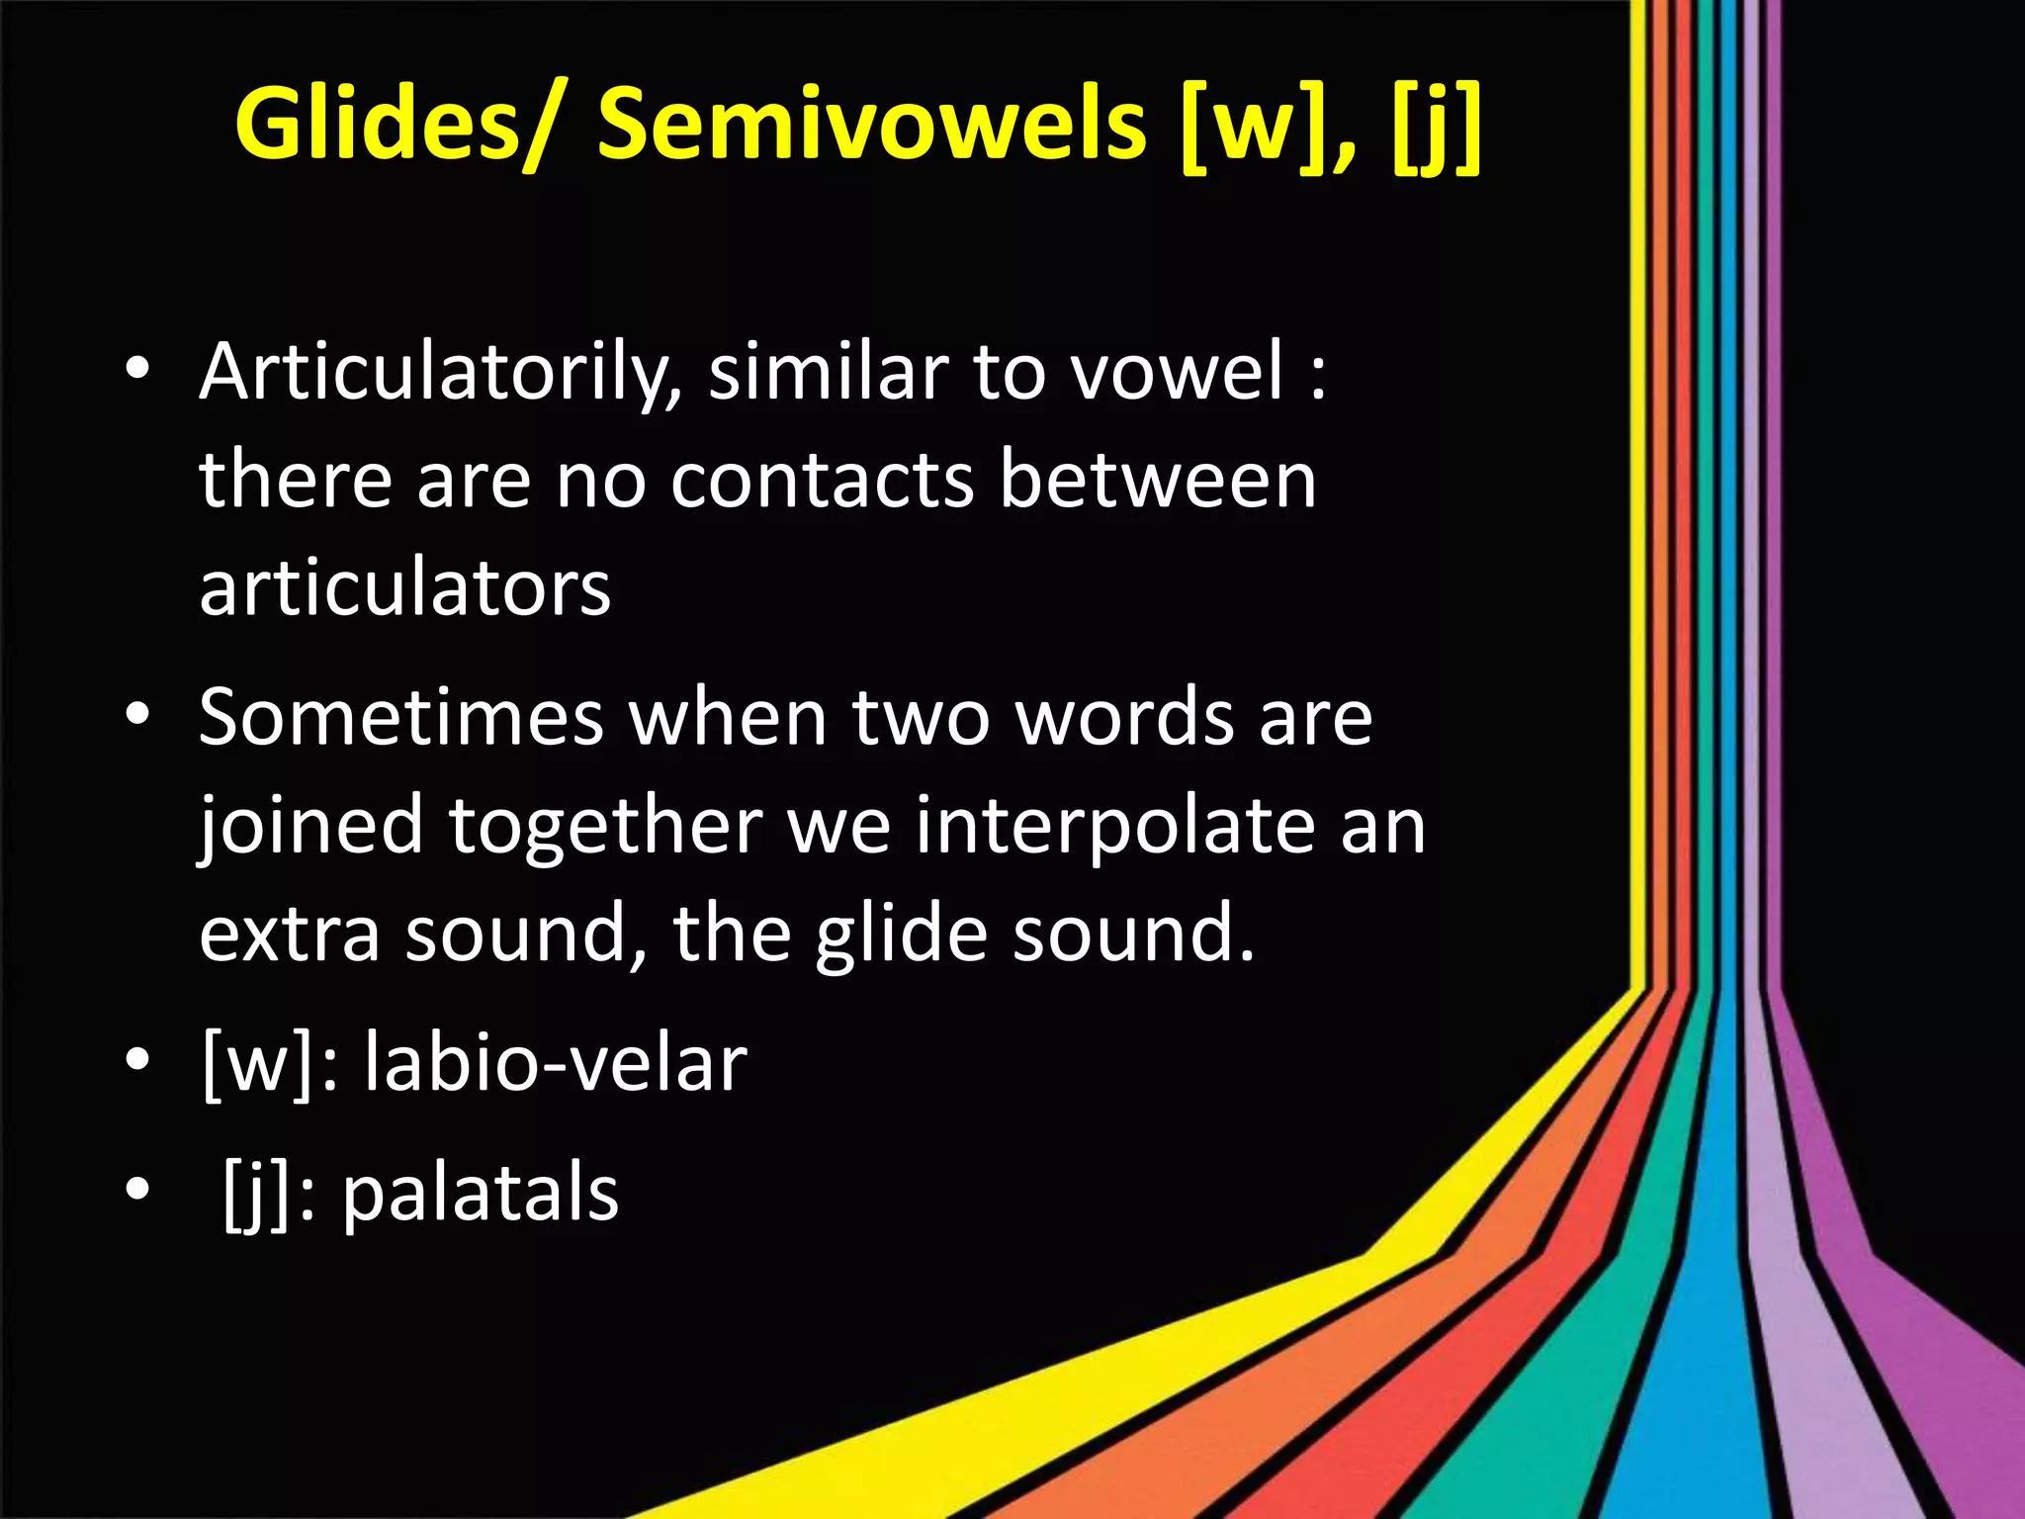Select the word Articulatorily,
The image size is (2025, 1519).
pos(440,374)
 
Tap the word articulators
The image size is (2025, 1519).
pos(404,588)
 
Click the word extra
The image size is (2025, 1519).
pos(290,933)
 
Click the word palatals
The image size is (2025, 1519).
pos(481,1193)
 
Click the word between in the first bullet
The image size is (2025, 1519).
pos(1157,481)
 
